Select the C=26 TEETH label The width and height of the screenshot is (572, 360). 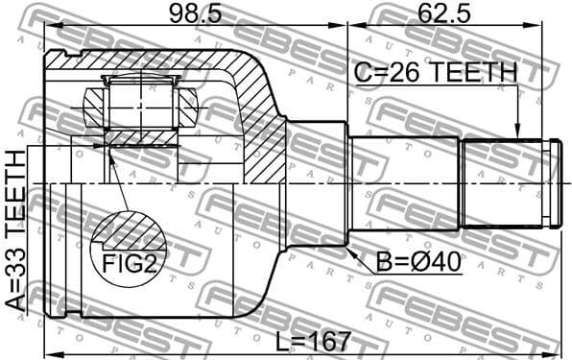click(x=436, y=72)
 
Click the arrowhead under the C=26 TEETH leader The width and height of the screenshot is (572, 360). click(x=518, y=133)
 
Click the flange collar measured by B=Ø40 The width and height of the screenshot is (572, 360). click(x=317, y=183)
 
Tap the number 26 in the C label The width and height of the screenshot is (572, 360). click(x=410, y=72)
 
